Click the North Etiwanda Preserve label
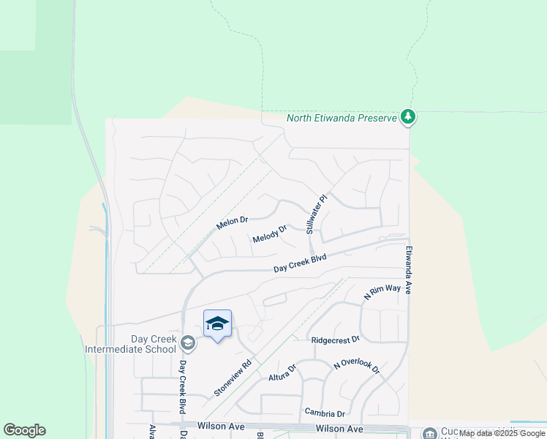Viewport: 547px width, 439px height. click(341, 118)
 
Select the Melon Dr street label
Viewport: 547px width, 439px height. click(233, 222)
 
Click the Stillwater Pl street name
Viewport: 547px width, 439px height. click(315, 214)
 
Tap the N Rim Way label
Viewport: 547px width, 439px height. click(382, 292)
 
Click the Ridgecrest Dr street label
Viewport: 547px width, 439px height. click(335, 339)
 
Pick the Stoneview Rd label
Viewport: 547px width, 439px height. click(233, 378)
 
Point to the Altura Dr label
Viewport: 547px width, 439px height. click(282, 372)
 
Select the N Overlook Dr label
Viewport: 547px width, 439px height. click(356, 366)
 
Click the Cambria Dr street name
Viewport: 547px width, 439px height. click(325, 413)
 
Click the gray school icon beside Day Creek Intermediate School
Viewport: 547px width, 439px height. click(188, 342)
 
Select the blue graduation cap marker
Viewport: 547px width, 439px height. click(217, 323)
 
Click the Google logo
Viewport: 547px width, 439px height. click(24, 430)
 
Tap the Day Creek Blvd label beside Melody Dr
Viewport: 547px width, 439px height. click(300, 264)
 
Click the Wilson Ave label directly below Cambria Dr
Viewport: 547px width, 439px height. click(339, 429)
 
